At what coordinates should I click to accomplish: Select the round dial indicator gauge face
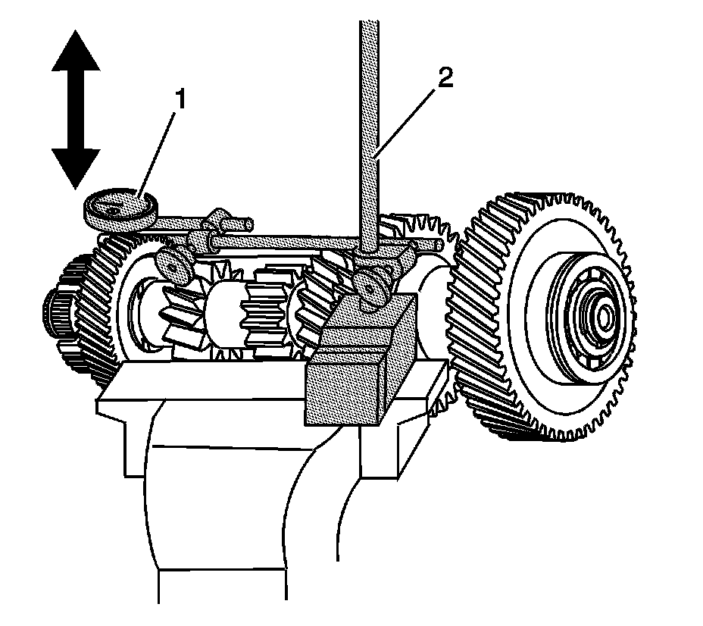(119, 205)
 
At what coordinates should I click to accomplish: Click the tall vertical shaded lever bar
(369, 114)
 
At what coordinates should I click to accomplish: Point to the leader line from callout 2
(409, 117)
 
